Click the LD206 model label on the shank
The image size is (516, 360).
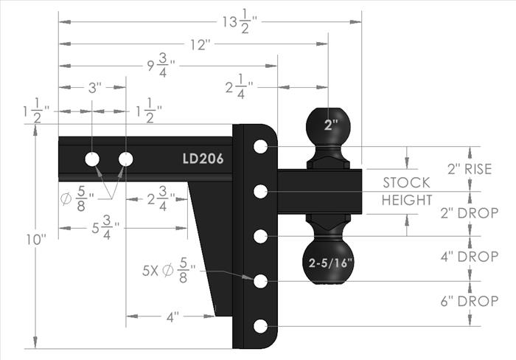click(203, 159)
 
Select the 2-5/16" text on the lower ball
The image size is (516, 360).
click(330, 263)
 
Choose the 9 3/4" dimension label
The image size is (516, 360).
click(161, 66)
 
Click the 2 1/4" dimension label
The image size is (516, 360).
click(240, 87)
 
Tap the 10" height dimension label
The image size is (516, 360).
click(36, 240)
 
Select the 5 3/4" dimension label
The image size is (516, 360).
click(105, 228)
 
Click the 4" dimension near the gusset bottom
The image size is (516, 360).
click(172, 317)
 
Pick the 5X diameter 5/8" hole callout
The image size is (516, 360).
click(169, 271)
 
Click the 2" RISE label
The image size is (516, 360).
click(470, 169)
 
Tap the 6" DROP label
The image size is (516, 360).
click(470, 301)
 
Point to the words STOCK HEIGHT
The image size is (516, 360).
click(407, 191)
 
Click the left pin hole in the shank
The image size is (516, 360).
click(92, 159)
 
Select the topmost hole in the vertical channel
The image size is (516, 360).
click(261, 146)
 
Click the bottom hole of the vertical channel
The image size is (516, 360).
click(261, 326)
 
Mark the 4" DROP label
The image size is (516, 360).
click(470, 257)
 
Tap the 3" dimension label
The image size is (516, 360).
click(95, 89)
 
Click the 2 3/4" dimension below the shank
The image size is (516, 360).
click(161, 198)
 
